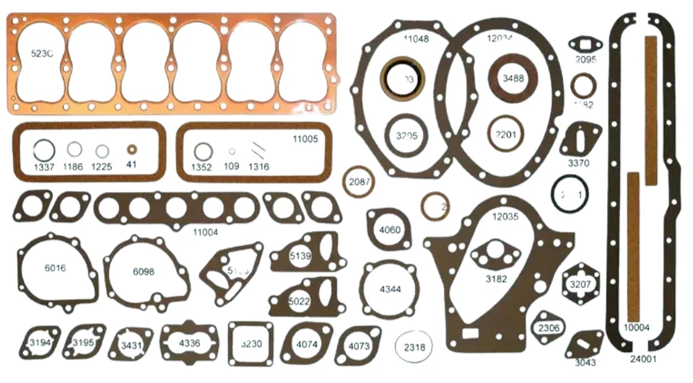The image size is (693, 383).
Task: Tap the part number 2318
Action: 414,347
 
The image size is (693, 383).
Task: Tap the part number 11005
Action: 305,138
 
